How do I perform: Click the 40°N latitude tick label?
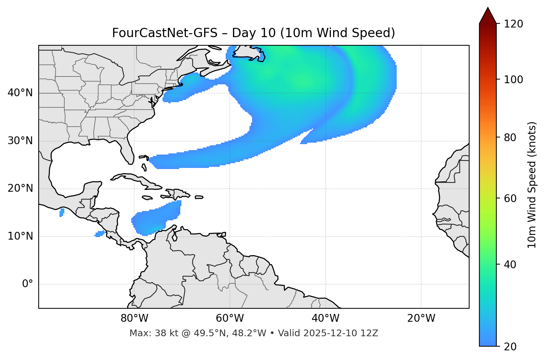click(x=20, y=93)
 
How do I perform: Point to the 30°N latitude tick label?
click(x=20, y=141)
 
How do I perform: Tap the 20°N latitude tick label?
click(x=20, y=188)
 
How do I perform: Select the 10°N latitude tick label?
click(x=20, y=236)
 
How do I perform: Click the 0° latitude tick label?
click(x=28, y=284)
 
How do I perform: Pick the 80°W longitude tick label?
click(x=134, y=318)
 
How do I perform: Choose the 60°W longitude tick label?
click(x=230, y=318)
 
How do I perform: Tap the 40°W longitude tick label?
click(x=325, y=318)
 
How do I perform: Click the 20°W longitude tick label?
click(x=421, y=318)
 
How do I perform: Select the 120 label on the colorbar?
click(x=513, y=24)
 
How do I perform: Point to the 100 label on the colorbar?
click(x=513, y=80)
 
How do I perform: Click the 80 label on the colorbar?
click(x=511, y=137)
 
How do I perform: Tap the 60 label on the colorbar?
click(x=511, y=198)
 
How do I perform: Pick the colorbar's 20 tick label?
click(x=511, y=347)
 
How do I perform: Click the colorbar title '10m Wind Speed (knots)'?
click(x=532, y=185)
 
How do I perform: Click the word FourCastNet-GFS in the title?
click(x=165, y=33)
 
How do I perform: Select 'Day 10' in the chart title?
click(x=254, y=33)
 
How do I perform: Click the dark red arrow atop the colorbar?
click(x=488, y=16)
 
